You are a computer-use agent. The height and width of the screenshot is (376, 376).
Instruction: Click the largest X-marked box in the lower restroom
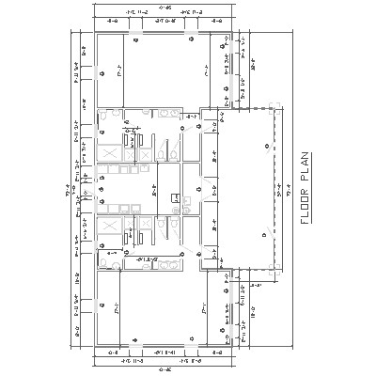point(109,228)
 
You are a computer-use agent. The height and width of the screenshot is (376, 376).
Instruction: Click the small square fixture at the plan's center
point(175,196)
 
